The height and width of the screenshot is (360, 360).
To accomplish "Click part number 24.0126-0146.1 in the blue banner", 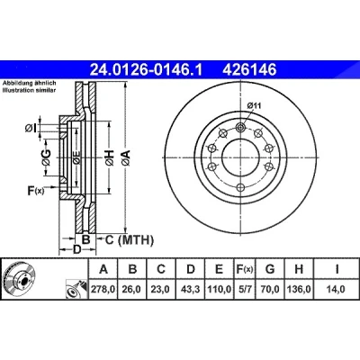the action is (x=147, y=70).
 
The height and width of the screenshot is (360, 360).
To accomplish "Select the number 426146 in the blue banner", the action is (x=249, y=70).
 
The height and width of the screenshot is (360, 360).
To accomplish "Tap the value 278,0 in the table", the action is (x=103, y=290).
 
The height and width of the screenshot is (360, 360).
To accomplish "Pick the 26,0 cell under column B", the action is (x=132, y=290).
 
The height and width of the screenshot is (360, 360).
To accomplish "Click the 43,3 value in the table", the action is (x=191, y=290).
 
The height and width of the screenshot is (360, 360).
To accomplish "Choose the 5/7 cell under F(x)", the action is (x=244, y=290).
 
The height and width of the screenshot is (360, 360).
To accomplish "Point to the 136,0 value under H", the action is (x=299, y=290).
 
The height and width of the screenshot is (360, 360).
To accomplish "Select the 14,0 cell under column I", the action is (x=337, y=290).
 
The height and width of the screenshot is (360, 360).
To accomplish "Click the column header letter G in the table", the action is (x=270, y=269).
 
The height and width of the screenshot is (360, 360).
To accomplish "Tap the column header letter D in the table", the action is (x=191, y=269).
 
